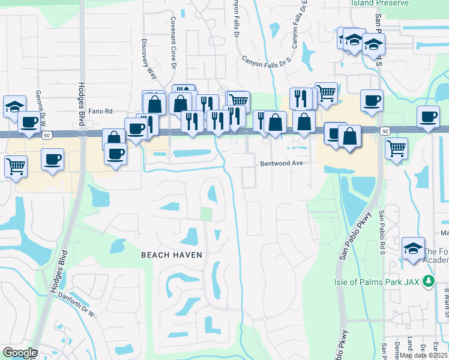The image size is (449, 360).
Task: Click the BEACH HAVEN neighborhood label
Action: tap(171, 255)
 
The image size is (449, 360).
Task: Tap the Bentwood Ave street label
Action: tap(281, 163)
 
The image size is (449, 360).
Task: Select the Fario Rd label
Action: tap(100, 111)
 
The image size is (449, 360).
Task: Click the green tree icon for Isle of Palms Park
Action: tap(427, 281)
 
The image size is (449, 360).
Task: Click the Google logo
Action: tap(20, 353)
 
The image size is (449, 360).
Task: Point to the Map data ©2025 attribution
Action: tap(423, 355)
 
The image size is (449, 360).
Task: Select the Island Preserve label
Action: tap(380, 3)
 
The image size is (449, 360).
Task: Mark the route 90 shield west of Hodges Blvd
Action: tap(46, 136)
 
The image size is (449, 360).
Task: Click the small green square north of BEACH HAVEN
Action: tap(206, 214)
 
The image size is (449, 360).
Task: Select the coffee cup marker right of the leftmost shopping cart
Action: tap(53, 159)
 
